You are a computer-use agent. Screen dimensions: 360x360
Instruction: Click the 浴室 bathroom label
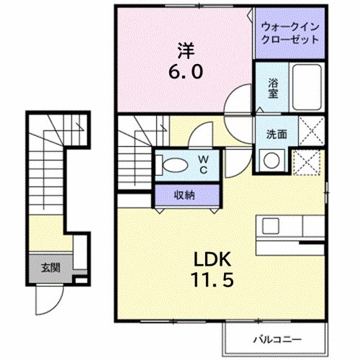coord(273,87)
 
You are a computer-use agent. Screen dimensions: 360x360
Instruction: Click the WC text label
coord(204,164)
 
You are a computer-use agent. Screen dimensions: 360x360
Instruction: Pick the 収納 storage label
coord(184,194)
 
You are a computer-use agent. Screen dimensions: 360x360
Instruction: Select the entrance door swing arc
coord(48,301)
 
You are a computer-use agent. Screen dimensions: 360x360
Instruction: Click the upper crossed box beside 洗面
coord(308,135)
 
